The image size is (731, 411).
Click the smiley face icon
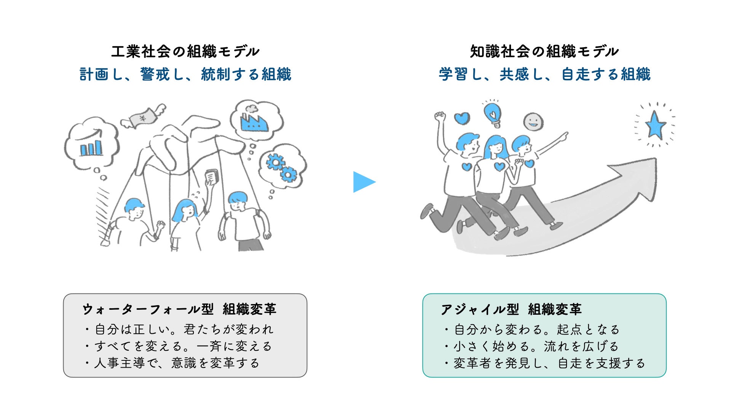(533, 122)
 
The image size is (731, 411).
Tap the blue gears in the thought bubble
(282, 167)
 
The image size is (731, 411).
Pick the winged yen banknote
(144, 116)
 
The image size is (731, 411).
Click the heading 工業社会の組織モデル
(185, 51)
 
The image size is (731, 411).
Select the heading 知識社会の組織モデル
(544, 51)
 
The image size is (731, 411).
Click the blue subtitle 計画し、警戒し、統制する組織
(185, 74)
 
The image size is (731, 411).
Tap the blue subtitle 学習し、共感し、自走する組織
(544, 74)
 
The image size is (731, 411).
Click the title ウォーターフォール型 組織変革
(179, 309)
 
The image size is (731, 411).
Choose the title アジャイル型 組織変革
(511, 309)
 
